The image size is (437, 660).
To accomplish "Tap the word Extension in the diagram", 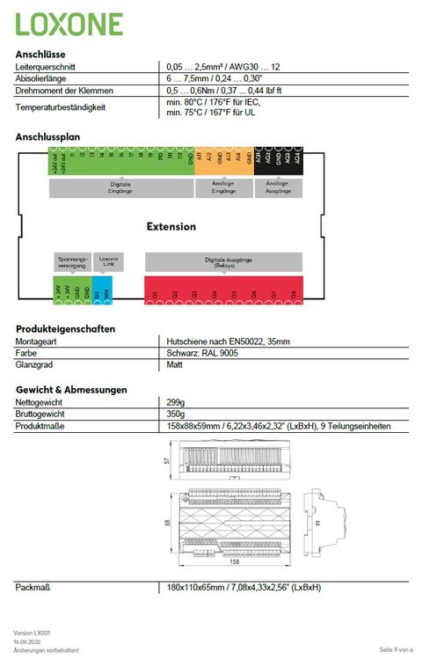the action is tap(171, 226).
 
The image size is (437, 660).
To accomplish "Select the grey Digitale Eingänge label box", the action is tap(120, 188).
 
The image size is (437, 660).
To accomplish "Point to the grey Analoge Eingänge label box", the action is tap(224, 188).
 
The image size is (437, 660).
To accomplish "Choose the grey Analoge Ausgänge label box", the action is tap(278, 188).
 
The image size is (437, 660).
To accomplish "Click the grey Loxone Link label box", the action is tap(108, 260).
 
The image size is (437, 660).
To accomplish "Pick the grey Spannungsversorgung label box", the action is tap(71, 260).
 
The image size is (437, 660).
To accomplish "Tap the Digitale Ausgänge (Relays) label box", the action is tap(223, 261).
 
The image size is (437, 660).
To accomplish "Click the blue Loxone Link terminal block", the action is tap(102, 290).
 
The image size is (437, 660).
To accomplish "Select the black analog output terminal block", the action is tap(279, 161).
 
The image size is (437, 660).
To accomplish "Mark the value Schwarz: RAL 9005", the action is tap(201, 353).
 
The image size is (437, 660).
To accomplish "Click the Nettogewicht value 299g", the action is tap(176, 402).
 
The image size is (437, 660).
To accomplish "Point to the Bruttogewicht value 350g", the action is tap(176, 414).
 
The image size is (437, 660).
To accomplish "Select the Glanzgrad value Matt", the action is tap(174, 364).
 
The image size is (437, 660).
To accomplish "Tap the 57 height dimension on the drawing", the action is tap(167, 459).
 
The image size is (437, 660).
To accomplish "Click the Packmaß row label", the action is tap(33, 587).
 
